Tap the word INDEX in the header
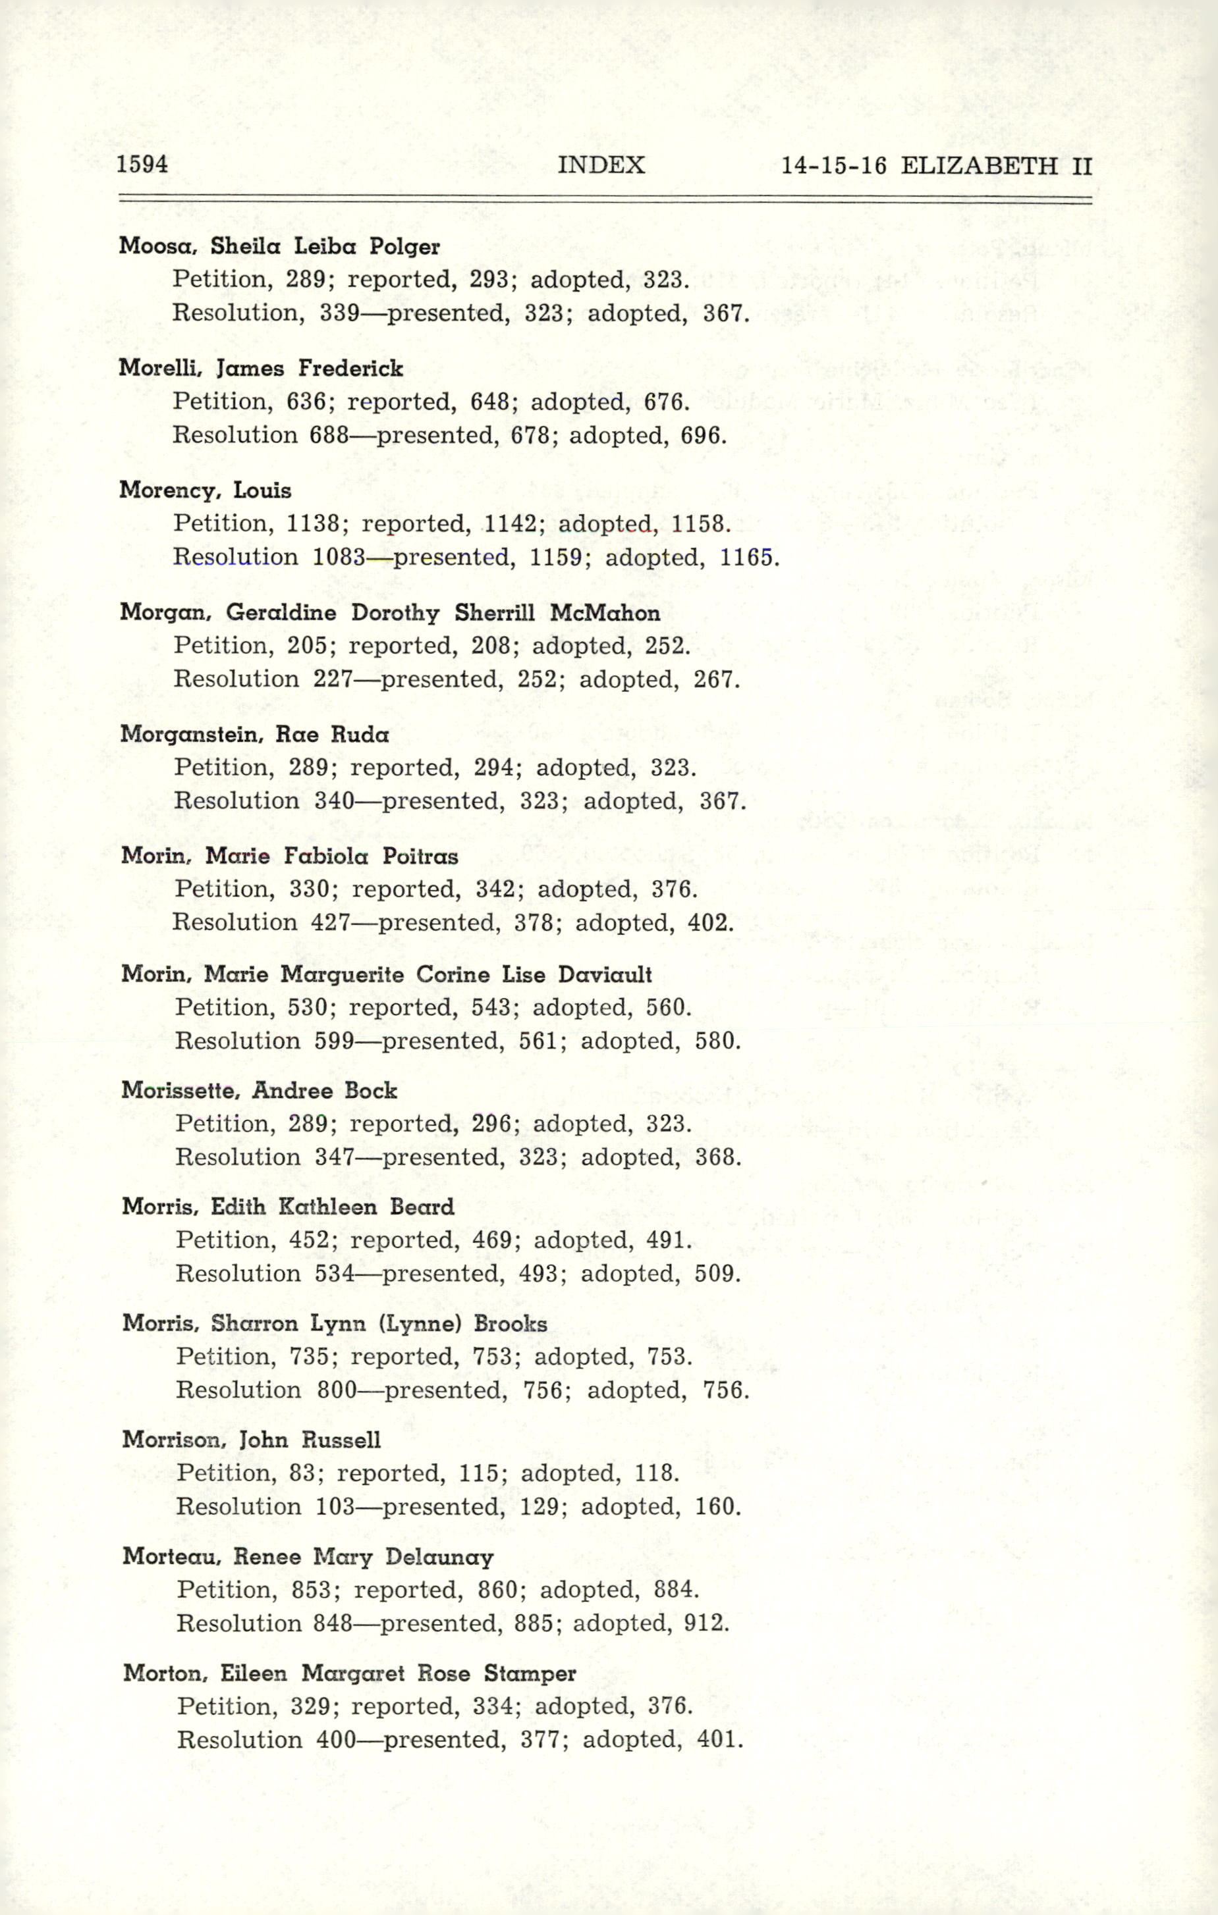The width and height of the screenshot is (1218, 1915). coord(601,165)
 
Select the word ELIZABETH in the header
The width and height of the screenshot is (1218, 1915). coord(980,165)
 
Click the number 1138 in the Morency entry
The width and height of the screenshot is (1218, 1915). coord(313,523)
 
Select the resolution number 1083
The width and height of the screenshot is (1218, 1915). coord(339,557)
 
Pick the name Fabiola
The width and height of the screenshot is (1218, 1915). coord(326,856)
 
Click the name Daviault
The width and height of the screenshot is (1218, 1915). coord(605,975)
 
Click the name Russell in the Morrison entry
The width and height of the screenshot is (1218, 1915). coord(341,1440)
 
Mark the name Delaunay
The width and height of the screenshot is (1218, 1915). coord(439,1557)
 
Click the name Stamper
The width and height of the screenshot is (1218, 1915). coord(530,1674)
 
